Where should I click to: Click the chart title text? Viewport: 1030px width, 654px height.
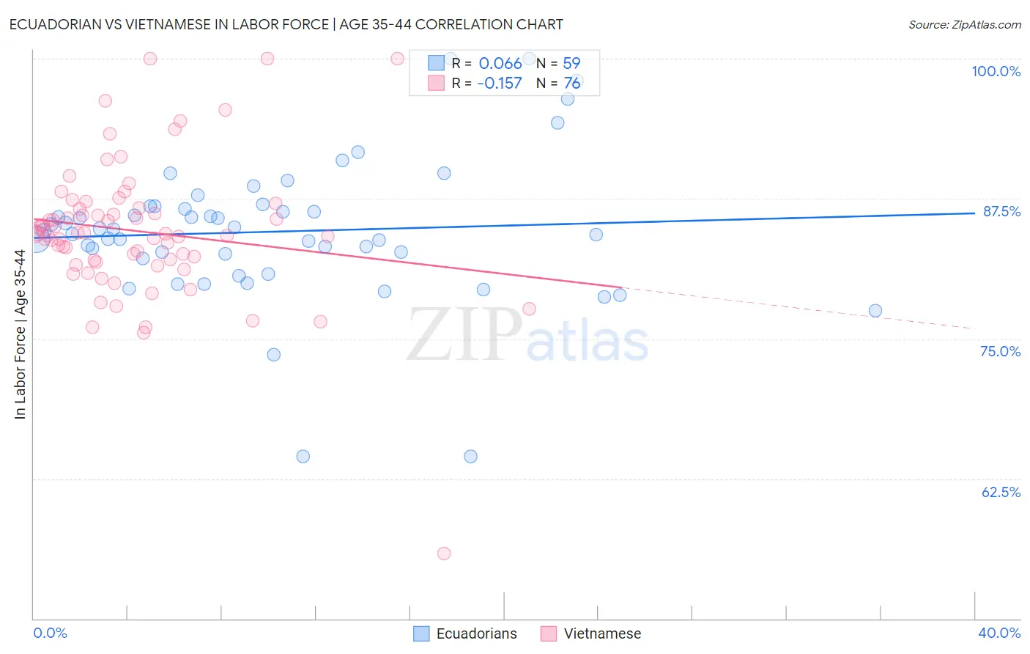[x=286, y=24]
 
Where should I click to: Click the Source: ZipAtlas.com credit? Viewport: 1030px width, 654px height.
[x=964, y=24]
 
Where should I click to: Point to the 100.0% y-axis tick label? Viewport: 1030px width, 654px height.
[x=996, y=71]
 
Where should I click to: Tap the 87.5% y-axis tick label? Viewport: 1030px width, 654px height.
[x=1001, y=211]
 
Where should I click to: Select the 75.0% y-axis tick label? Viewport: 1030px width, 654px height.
[x=1000, y=351]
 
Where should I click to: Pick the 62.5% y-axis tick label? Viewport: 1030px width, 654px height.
[x=1001, y=492]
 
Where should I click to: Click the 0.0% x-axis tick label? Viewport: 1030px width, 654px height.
[x=50, y=633]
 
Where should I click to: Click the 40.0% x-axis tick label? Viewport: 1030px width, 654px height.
[x=999, y=633]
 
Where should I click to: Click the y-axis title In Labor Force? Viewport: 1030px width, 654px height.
[x=20, y=334]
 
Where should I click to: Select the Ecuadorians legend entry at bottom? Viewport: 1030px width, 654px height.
[x=466, y=633]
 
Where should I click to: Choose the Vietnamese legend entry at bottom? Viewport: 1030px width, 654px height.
[x=591, y=633]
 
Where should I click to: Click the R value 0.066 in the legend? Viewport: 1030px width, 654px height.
[x=500, y=63]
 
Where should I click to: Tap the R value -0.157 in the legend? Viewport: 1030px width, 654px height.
[x=499, y=83]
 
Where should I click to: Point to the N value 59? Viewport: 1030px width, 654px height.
[x=571, y=63]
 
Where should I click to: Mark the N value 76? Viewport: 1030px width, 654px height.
[x=571, y=83]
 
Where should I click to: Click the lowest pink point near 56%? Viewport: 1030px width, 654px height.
[x=444, y=554]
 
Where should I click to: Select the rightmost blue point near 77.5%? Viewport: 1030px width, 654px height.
[x=875, y=311]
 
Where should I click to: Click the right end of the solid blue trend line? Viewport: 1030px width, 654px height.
[x=974, y=213]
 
